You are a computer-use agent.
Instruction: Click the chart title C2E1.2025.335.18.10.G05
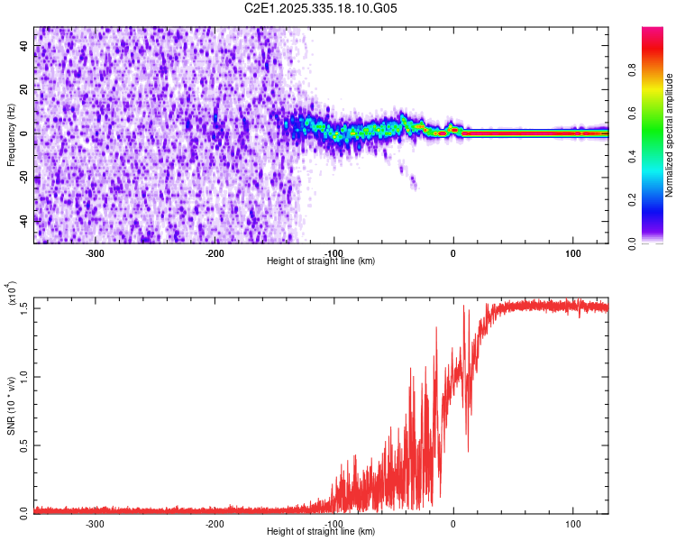coord(321,9)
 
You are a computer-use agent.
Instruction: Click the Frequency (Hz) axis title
coord(11,134)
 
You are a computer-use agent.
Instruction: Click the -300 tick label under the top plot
coord(95,253)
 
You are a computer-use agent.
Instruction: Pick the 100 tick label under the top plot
coord(573,253)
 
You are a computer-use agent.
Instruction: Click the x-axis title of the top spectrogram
coord(321,261)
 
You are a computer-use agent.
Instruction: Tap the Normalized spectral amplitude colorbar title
coord(670,135)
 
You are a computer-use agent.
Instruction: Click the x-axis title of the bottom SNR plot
coord(321,532)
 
